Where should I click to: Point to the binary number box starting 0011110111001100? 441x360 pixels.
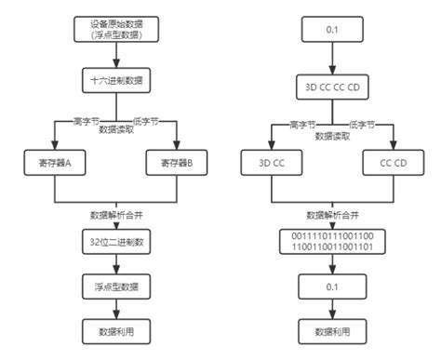[333, 244]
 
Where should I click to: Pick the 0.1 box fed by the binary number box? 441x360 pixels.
[333, 287]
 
